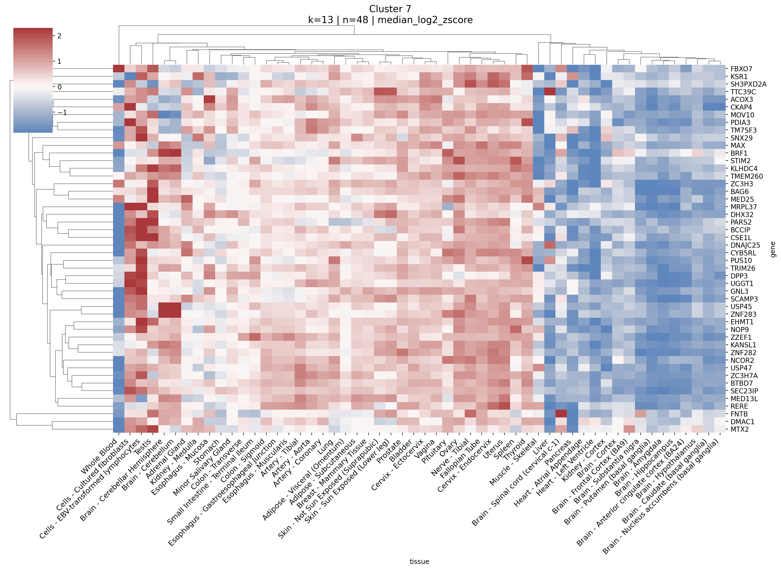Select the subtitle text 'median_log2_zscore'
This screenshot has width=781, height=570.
point(425,20)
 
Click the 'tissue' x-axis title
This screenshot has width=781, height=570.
point(419,561)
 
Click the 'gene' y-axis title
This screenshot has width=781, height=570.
point(773,249)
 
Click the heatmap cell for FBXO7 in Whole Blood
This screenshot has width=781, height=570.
point(119,69)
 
